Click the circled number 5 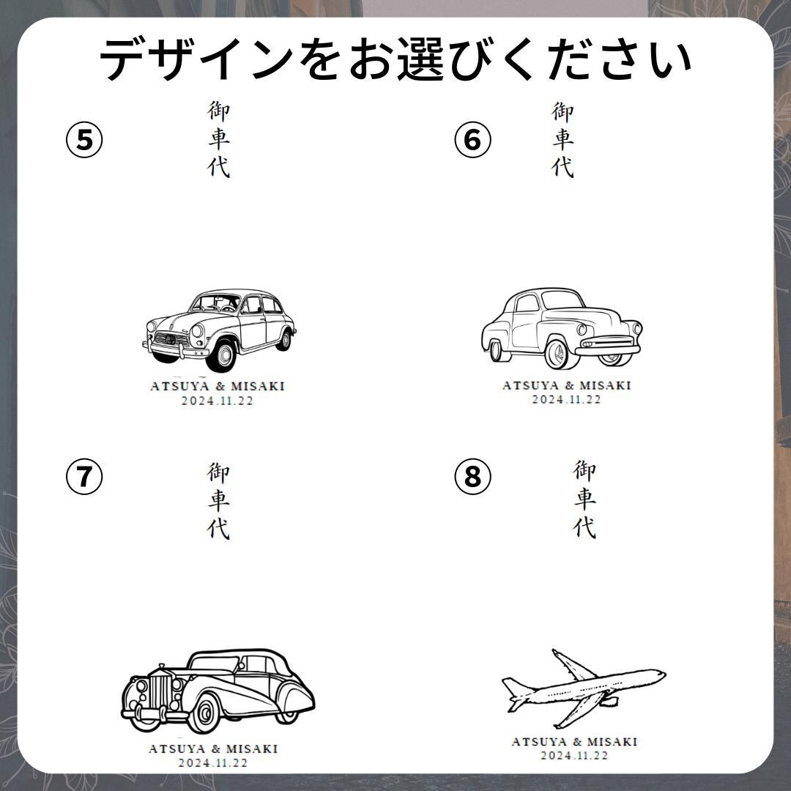[x=84, y=140]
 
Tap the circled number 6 [x=472, y=140]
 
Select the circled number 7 [x=84, y=476]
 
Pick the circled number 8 [x=472, y=476]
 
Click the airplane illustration [x=584, y=688]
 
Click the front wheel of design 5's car [x=221, y=355]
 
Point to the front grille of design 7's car [x=160, y=691]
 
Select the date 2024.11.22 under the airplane [x=575, y=755]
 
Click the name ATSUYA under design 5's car [x=179, y=386]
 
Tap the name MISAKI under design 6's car [x=606, y=385]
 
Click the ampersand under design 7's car [x=216, y=749]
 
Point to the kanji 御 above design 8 [x=584, y=470]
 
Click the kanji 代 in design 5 [x=218, y=166]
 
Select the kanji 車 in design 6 [x=562, y=138]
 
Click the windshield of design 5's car [x=217, y=302]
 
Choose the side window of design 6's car [x=527, y=302]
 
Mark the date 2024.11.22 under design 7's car [x=213, y=762]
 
